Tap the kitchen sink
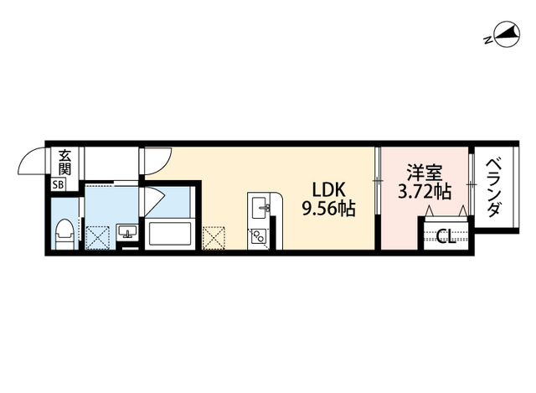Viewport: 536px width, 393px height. [x=260, y=206]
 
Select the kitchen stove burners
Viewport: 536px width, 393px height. [x=260, y=235]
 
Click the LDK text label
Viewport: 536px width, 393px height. [x=327, y=189]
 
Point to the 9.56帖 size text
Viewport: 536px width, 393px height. [x=329, y=209]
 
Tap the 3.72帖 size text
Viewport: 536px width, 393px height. [x=424, y=191]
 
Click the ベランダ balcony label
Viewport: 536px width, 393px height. [x=493, y=187]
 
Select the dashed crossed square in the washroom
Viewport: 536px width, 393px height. [x=99, y=237]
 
